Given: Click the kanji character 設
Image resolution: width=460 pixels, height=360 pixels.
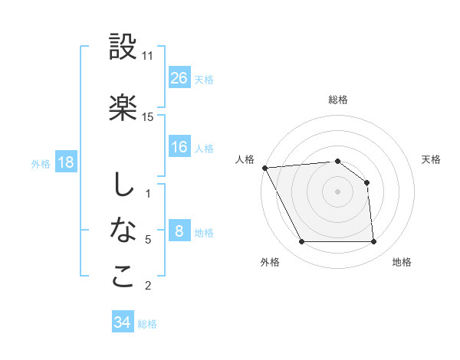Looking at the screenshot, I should (x=123, y=47).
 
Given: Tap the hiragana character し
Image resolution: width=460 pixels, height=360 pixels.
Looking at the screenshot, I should (x=123, y=185).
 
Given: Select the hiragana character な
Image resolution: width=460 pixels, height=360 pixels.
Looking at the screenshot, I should (x=123, y=230).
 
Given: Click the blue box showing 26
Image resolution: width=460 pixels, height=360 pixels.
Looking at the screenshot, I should (x=179, y=78).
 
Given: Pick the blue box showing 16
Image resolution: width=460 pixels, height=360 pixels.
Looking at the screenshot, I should (x=179, y=148).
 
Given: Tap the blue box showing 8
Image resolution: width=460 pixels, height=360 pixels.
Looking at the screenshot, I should (x=179, y=231).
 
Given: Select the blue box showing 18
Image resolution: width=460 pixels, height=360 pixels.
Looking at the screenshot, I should (x=65, y=162).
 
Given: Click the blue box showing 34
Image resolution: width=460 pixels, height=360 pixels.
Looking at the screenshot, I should (x=123, y=322).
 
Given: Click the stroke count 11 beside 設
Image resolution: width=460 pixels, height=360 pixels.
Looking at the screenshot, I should (x=148, y=56).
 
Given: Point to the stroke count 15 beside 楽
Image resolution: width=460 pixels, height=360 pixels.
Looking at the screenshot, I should (x=148, y=116).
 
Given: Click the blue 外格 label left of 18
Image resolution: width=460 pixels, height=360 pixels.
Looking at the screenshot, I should (x=41, y=163).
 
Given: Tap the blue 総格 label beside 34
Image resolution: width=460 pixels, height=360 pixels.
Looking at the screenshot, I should (x=147, y=324).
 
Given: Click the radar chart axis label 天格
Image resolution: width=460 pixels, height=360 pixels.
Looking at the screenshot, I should (x=432, y=159).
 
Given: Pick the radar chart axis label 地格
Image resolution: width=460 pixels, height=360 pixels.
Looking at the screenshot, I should (x=402, y=262).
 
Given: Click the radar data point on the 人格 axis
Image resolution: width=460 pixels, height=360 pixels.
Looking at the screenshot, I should (x=264, y=168).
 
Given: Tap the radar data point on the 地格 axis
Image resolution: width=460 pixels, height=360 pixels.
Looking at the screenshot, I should (x=373, y=242).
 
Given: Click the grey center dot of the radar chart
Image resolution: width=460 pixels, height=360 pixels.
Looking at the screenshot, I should (x=337, y=191).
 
